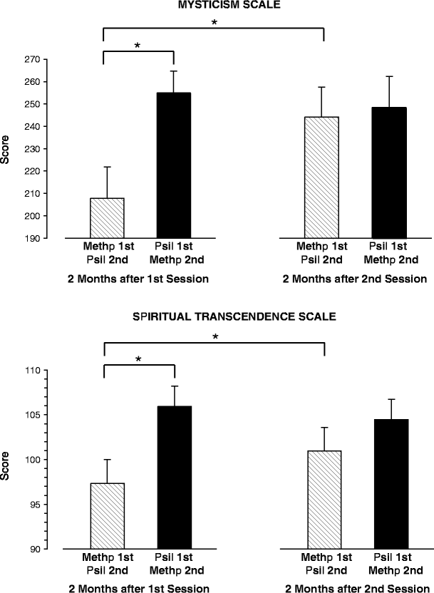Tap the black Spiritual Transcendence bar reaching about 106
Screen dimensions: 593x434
click(x=173, y=478)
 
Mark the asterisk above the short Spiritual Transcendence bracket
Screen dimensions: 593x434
click(x=139, y=360)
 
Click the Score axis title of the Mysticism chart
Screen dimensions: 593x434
click(x=6, y=153)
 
